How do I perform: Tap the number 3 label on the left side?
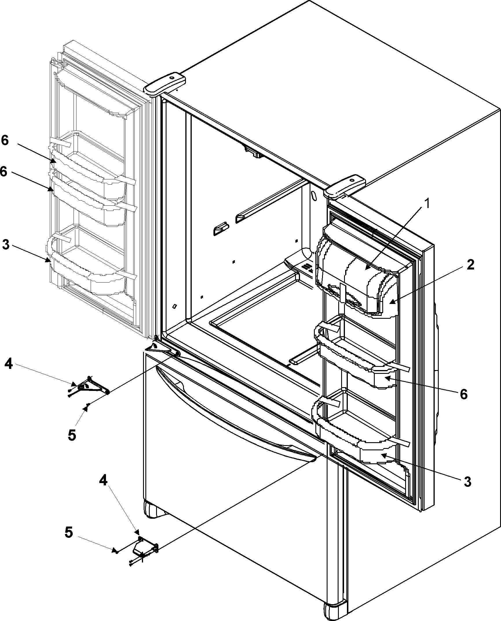click(x=6, y=245)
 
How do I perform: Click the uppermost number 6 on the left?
click(x=5, y=141)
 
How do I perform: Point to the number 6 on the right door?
click(x=464, y=394)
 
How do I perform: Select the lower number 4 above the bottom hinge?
click(x=103, y=481)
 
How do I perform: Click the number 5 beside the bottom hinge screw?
click(x=68, y=532)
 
